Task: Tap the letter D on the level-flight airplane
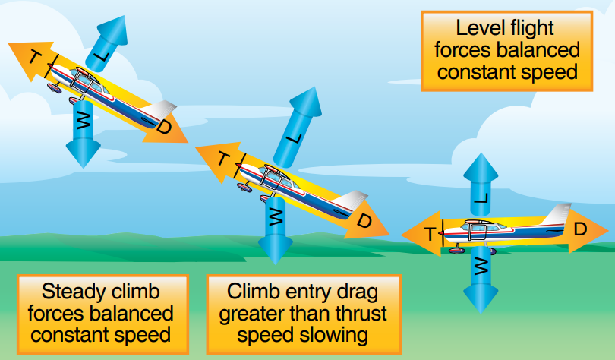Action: pos(580,228)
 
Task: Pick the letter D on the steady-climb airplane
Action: pos(163,127)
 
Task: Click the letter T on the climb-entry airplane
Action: pos(223,159)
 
